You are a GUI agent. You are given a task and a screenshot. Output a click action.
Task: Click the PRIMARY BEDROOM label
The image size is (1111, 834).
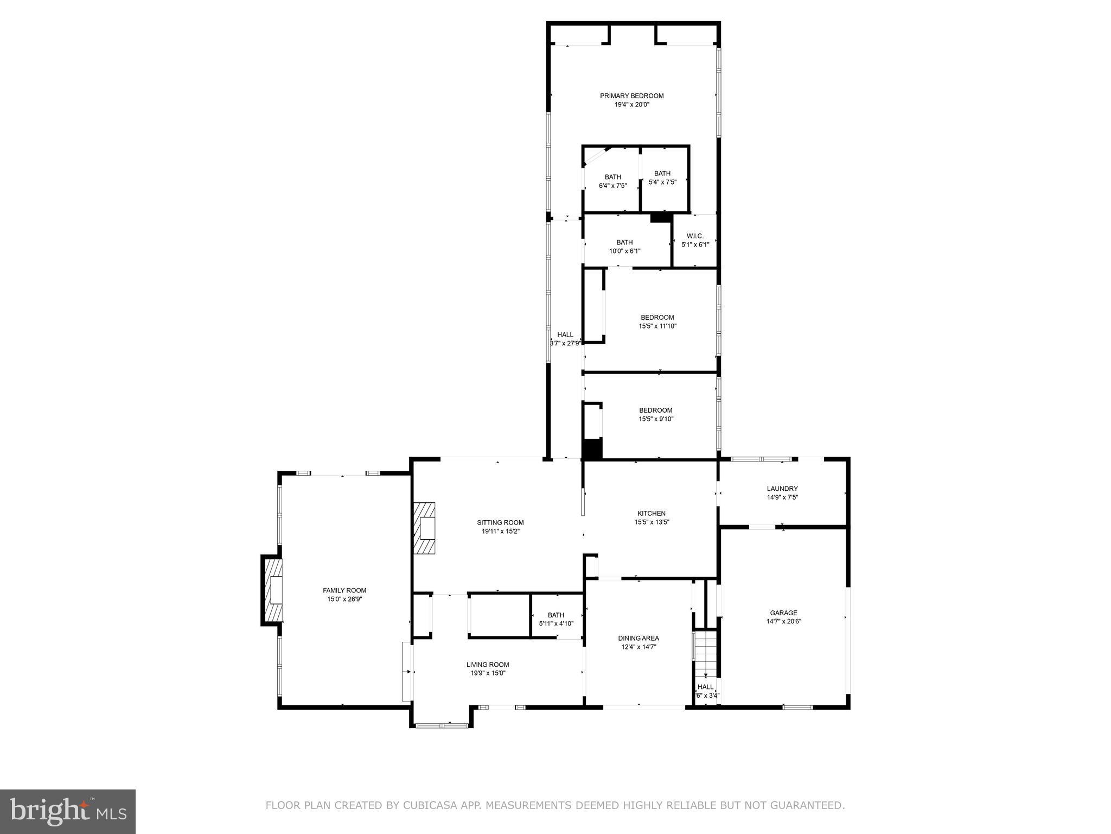[631, 96]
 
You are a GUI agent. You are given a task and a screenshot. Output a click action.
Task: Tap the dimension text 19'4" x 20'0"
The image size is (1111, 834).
[631, 105]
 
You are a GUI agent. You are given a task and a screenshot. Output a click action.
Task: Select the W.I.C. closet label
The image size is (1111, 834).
[695, 236]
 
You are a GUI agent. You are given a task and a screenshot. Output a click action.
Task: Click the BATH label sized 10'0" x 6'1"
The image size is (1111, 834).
[624, 243]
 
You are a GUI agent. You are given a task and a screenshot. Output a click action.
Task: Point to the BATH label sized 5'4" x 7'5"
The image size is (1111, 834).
[662, 174]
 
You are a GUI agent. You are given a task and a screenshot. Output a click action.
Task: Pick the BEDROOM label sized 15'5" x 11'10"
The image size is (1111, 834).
[657, 318]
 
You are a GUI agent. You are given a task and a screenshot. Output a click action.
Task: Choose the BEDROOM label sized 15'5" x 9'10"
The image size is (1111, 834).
[655, 410]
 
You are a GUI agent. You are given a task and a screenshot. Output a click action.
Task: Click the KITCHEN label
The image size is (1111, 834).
[651, 514]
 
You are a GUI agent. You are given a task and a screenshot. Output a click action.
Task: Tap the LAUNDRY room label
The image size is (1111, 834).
[782, 489]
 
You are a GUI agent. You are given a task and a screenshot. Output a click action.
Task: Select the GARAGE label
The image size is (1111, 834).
[783, 613]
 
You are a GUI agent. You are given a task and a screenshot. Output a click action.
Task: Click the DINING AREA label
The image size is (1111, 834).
[638, 639]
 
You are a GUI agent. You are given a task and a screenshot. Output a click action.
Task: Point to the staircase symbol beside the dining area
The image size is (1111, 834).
[706, 654]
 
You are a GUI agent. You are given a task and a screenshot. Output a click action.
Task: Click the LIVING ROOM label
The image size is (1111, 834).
[488, 665]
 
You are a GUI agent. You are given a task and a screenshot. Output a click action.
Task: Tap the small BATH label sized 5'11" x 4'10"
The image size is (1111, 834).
[555, 615]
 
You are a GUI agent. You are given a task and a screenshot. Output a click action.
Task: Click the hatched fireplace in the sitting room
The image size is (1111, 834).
[424, 528]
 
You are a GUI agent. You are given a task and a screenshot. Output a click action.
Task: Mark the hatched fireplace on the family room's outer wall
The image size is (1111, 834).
[273, 590]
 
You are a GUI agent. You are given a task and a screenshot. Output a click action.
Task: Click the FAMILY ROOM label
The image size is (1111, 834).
[344, 591]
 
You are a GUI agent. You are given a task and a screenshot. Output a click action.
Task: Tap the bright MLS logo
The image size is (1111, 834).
[67, 811]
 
